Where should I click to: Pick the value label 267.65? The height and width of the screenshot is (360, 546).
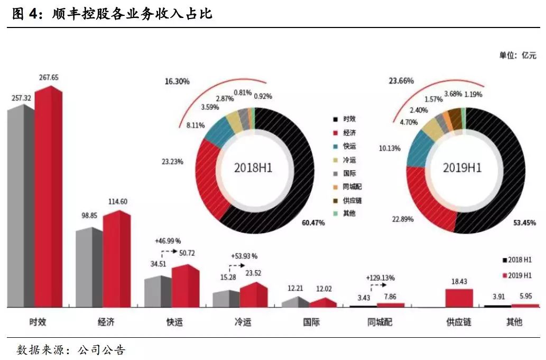tap(49, 78)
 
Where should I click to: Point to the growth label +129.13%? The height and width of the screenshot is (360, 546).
tap(380, 278)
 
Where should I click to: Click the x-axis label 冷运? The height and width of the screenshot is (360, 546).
tap(243, 322)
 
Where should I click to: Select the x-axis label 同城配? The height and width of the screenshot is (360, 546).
tap(380, 322)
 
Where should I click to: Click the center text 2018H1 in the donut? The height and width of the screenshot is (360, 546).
tap(253, 168)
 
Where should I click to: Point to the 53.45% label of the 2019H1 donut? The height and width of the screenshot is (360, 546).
tap(524, 223)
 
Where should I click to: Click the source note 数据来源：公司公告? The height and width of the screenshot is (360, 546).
tap(71, 350)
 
